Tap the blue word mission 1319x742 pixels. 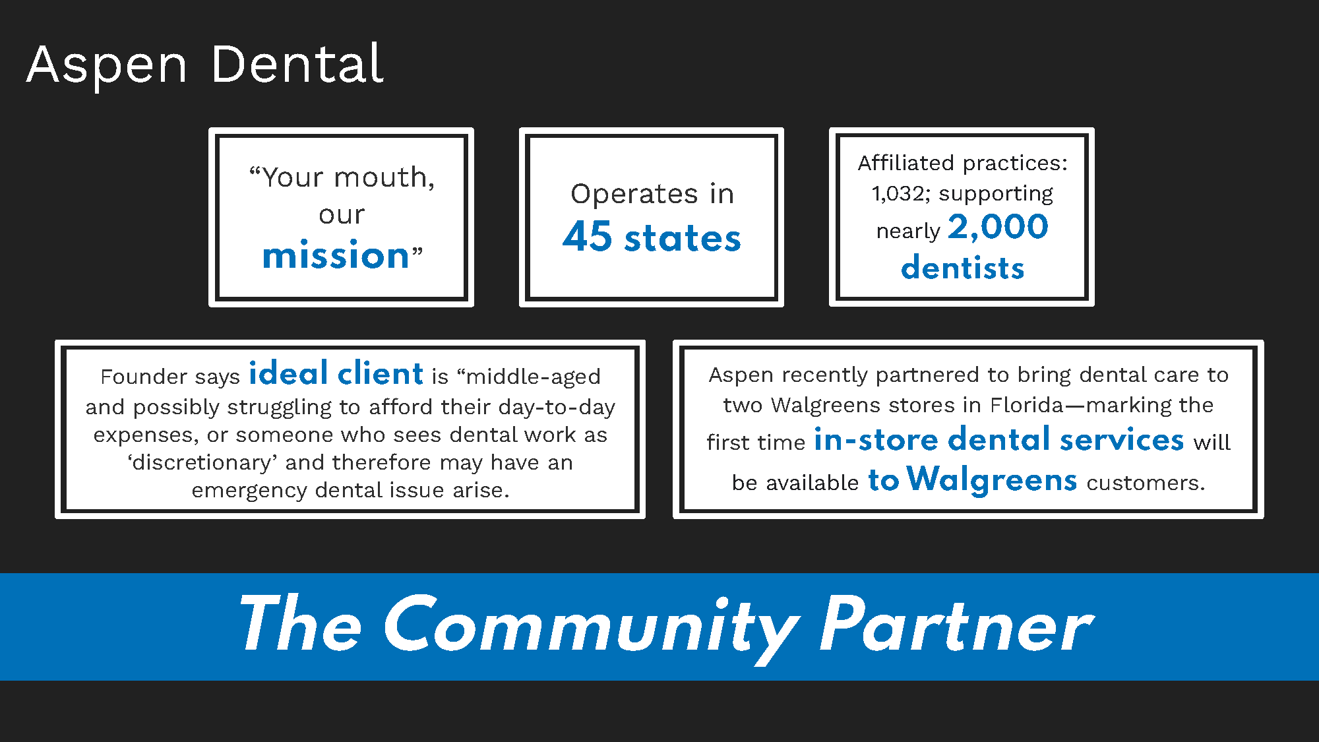(336, 255)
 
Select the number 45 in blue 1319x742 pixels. (588, 237)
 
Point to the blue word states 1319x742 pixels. (683, 238)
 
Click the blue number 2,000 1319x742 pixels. (998, 228)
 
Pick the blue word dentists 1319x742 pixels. (962, 268)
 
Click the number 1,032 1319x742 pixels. (896, 194)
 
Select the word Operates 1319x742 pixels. (634, 195)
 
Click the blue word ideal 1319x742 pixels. (288, 373)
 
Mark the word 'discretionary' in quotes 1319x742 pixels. (202, 463)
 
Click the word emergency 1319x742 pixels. (249, 491)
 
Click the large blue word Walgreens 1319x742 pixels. (991, 479)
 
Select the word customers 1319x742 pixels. (1146, 483)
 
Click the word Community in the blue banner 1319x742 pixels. (590, 625)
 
